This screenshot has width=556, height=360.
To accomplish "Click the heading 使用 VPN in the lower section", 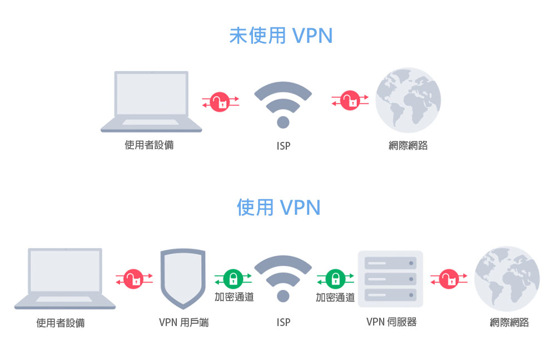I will coord(279,208).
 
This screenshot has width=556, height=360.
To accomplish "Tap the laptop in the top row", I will coord(151,101).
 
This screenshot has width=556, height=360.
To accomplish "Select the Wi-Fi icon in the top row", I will coord(283,105).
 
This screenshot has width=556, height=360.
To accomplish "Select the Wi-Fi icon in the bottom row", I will coord(283,278).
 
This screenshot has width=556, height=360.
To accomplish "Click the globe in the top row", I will coord(408,100).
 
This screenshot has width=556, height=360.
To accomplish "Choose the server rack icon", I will coord(390,279).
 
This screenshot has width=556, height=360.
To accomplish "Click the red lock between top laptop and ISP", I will coord(221,101).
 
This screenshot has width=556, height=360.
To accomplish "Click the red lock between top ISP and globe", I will coord(350,101).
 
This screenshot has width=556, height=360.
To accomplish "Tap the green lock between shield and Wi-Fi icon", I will coord(233,278).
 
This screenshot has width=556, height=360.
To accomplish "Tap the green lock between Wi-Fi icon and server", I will coord(335,278).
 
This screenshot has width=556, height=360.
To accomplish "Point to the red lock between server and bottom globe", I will coord(449,278).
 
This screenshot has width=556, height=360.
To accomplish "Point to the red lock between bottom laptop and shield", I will coord(133,278).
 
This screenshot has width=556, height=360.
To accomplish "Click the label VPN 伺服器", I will coord(391,322).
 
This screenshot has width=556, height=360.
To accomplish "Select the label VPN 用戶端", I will coord(183,322).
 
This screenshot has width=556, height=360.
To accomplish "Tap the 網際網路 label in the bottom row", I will coord(509,322).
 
